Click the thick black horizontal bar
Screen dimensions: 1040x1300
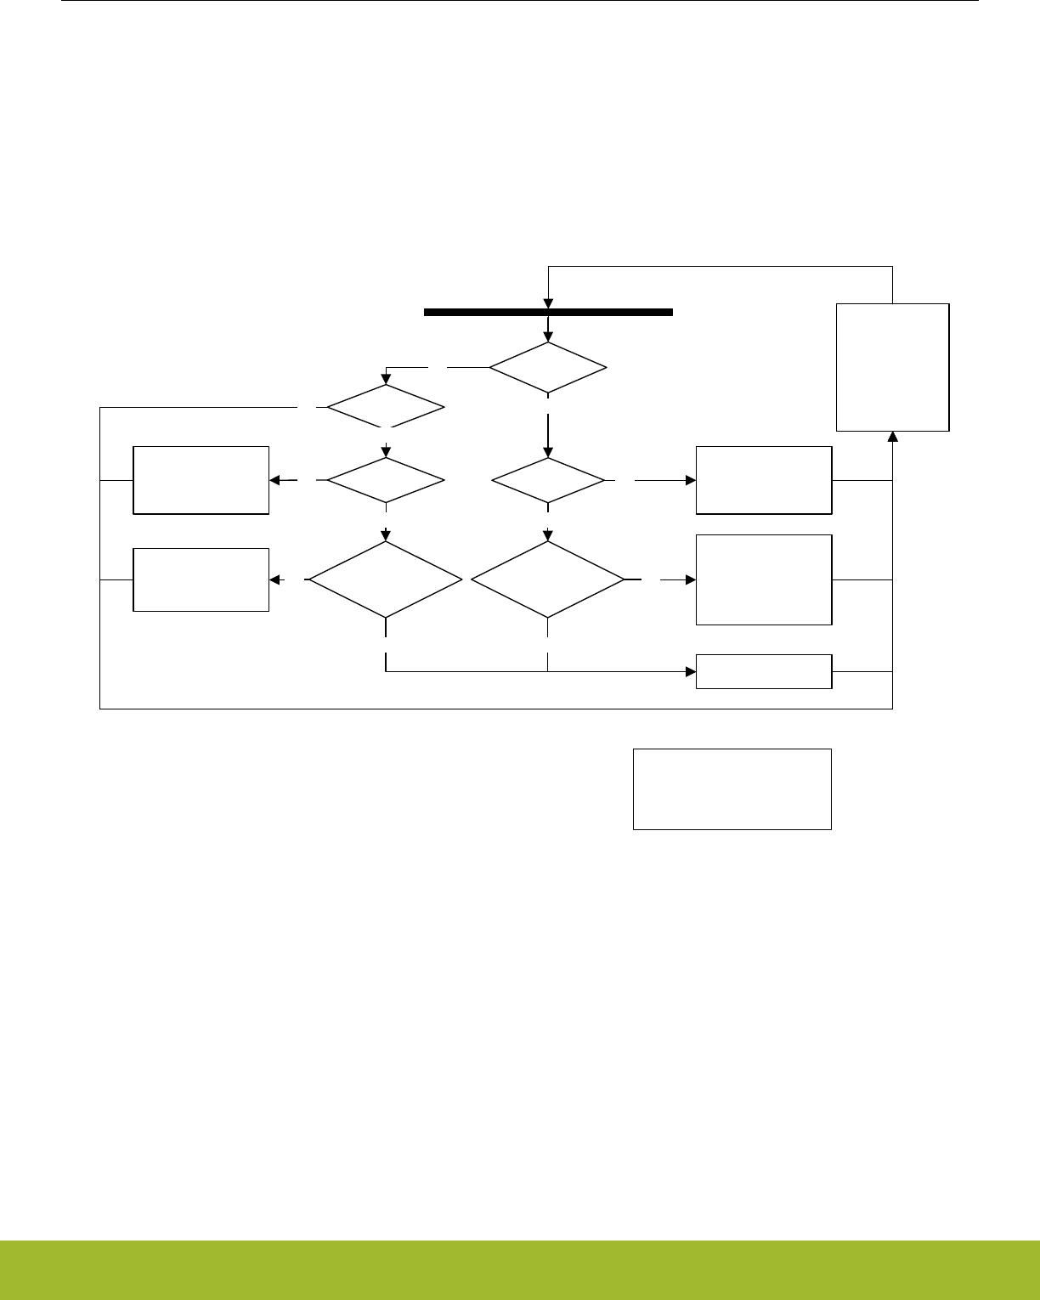click(548, 312)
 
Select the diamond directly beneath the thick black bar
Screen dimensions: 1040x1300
click(548, 368)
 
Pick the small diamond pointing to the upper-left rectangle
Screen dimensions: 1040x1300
click(386, 480)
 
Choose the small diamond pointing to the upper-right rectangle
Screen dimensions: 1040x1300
click(548, 480)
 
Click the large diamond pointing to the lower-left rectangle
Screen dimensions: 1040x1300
click(386, 579)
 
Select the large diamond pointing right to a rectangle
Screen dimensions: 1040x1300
click(548, 579)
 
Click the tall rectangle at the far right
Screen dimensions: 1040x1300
click(892, 367)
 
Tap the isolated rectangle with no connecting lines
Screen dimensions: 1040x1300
click(732, 788)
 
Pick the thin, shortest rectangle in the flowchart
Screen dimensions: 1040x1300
click(763, 671)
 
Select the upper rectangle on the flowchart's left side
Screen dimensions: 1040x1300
click(201, 480)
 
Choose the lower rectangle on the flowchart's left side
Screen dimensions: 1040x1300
click(201, 579)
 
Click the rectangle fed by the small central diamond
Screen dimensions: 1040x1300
click(763, 480)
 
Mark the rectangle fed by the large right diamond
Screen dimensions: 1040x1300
click(763, 579)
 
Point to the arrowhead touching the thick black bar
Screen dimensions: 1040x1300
click(548, 304)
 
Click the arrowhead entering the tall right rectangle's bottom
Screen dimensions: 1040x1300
click(892, 437)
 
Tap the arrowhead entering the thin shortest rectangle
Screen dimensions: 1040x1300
click(690, 671)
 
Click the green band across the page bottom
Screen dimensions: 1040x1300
click(520, 1269)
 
